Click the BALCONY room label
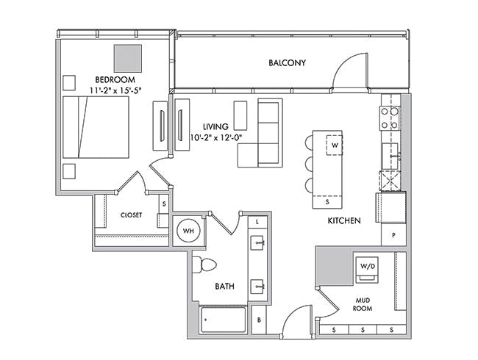point(287,62)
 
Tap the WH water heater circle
point(188,231)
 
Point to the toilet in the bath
point(204,264)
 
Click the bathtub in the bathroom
point(223,320)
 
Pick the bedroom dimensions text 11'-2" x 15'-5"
point(116,90)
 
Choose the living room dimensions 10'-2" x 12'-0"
point(215,137)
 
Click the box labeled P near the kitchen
point(393,235)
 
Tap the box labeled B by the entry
point(259,320)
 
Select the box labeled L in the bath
point(257,222)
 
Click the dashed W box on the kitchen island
point(335,145)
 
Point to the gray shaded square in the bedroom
point(128,59)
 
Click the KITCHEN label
point(344,220)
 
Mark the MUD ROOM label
point(363,304)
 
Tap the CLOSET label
point(132,215)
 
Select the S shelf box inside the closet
point(164,204)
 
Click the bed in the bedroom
point(96,127)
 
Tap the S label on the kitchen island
point(327,201)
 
